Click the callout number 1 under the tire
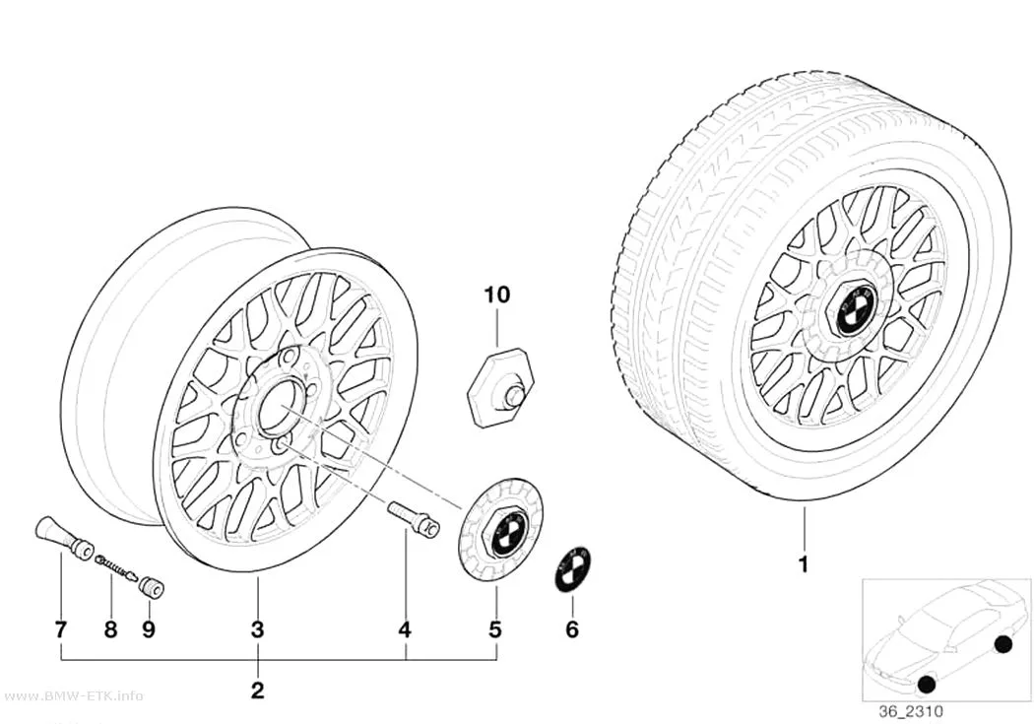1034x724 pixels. point(804,565)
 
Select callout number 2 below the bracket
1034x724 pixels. point(258,690)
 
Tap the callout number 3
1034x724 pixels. point(258,629)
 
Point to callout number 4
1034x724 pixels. point(405,629)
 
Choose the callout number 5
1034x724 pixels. point(495,629)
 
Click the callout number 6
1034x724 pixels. point(572,629)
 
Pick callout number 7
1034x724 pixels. point(61,629)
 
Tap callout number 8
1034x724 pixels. point(110,629)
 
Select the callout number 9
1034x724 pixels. point(149,629)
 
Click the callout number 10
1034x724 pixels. point(497,295)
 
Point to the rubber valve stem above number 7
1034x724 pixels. point(63,538)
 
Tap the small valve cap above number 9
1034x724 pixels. point(153,587)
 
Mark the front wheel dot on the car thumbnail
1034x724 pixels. point(926,685)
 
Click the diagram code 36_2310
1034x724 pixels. point(911,711)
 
